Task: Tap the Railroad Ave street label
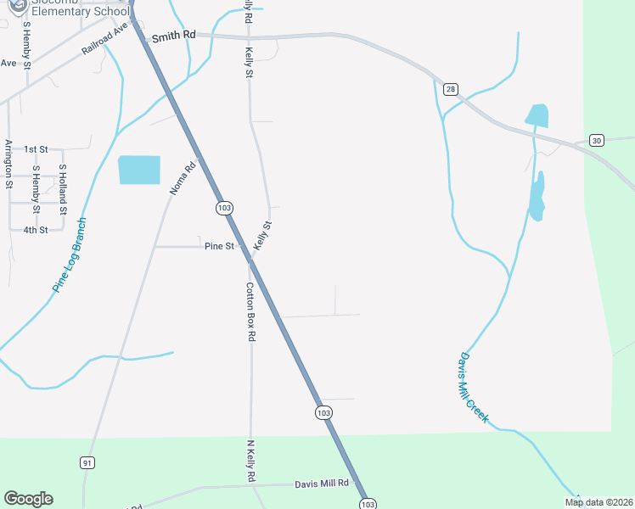[x=104, y=39]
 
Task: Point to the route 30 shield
[x=597, y=140]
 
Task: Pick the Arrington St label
[x=8, y=163]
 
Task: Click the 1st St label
[x=36, y=149]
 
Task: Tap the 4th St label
[x=36, y=230]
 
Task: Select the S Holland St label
[x=62, y=189]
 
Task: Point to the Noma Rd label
[x=183, y=178]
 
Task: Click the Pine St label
[x=219, y=246]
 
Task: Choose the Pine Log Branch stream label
[x=70, y=255]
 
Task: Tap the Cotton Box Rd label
[x=251, y=311]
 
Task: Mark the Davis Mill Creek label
[x=475, y=388]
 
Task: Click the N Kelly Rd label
[x=251, y=461]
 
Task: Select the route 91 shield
[x=87, y=462]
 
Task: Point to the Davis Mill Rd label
[x=322, y=484]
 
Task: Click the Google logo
[x=28, y=499]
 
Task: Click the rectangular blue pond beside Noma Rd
[x=139, y=170]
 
